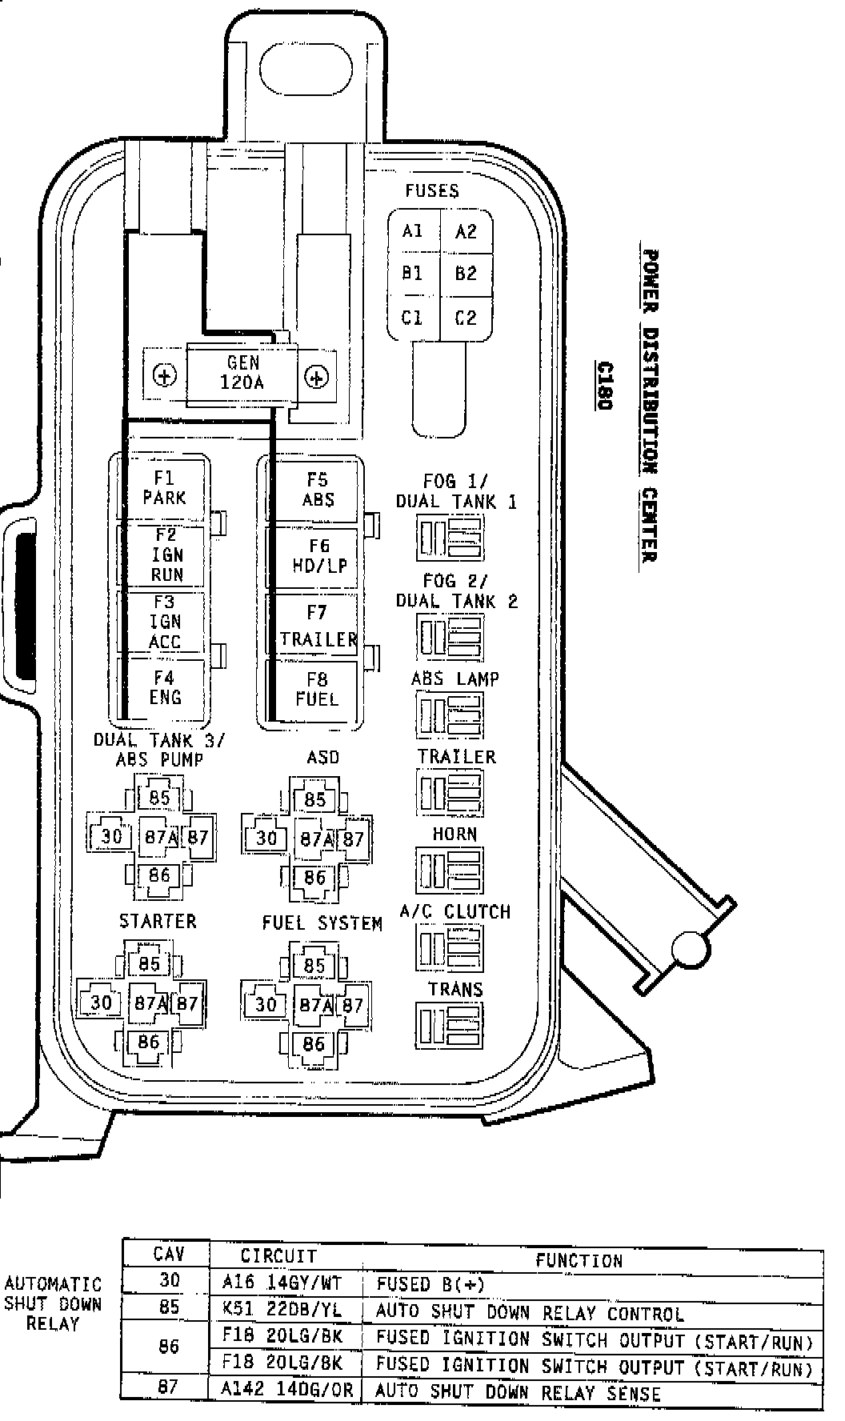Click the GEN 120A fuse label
click(242, 373)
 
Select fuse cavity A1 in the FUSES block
click(413, 232)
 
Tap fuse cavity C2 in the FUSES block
click(466, 318)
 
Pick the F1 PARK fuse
click(164, 488)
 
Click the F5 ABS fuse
click(318, 490)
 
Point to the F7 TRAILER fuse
click(318, 626)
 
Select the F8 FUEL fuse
click(318, 690)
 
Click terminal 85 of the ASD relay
click(315, 799)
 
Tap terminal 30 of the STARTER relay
click(101, 1003)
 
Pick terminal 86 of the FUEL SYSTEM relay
click(314, 1043)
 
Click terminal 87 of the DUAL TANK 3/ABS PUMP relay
click(198, 838)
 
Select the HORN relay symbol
click(449, 871)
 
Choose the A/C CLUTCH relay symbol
click(449, 948)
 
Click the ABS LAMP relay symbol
click(449, 715)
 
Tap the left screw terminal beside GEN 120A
click(165, 376)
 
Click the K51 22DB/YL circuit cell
click(285, 1313)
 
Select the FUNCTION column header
click(579, 1261)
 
